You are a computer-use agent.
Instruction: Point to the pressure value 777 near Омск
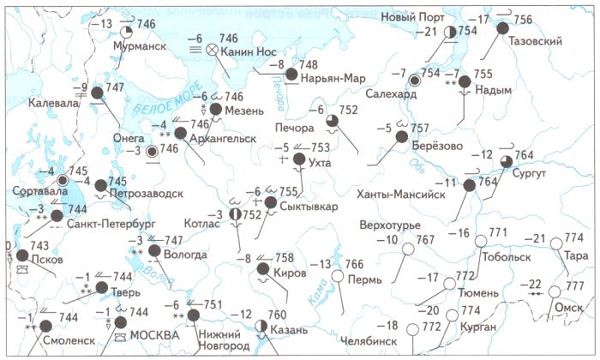pyautogui.click(x=574, y=285)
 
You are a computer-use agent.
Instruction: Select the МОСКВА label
pyautogui.click(x=155, y=335)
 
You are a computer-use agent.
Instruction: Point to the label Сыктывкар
pyautogui.click(x=307, y=207)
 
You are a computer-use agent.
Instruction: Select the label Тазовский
pyautogui.click(x=535, y=41)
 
